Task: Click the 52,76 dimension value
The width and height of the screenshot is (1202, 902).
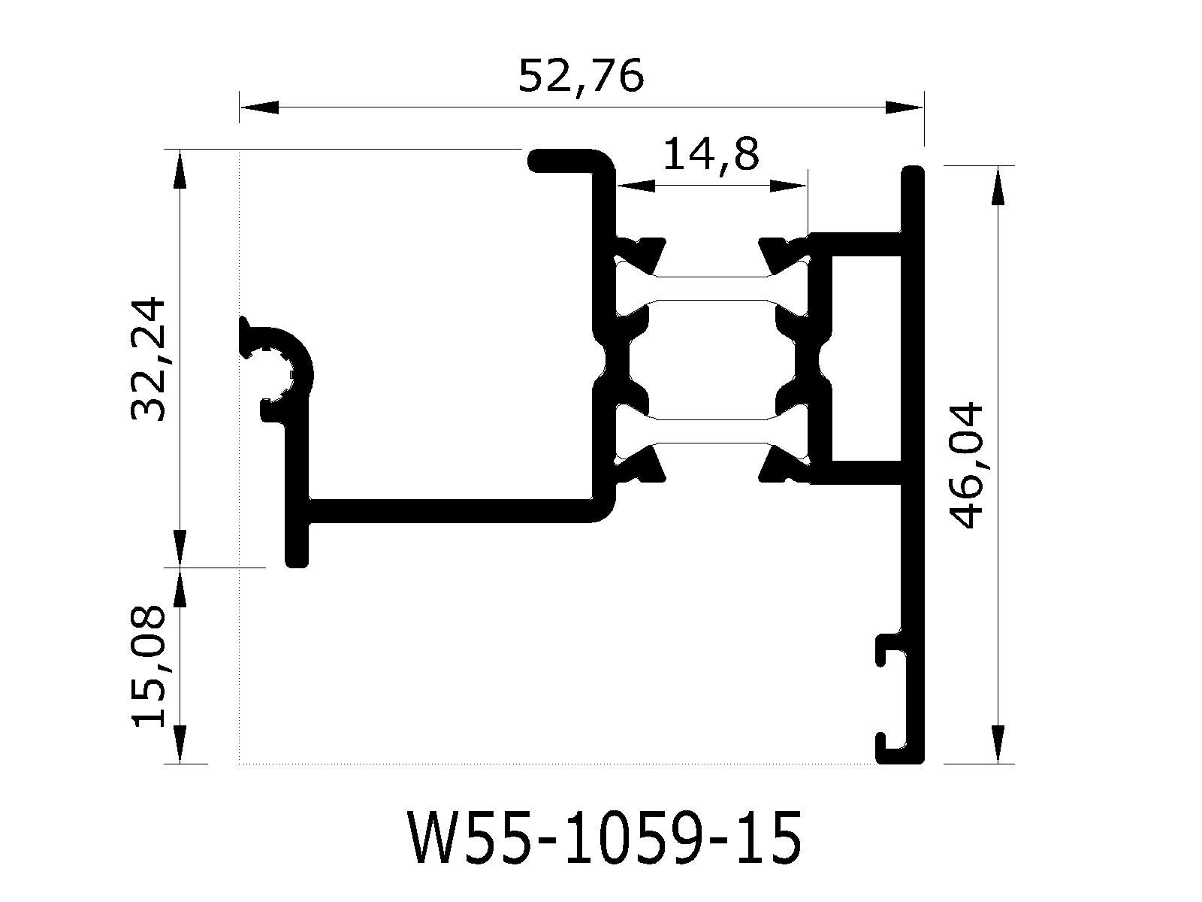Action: point(581,76)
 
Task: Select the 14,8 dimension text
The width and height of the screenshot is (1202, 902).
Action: point(711,156)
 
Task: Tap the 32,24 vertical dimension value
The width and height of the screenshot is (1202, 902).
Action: point(148,359)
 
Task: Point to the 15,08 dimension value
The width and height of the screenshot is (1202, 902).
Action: point(148,666)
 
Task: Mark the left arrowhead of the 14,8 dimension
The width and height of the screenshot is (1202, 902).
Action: point(636,186)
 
